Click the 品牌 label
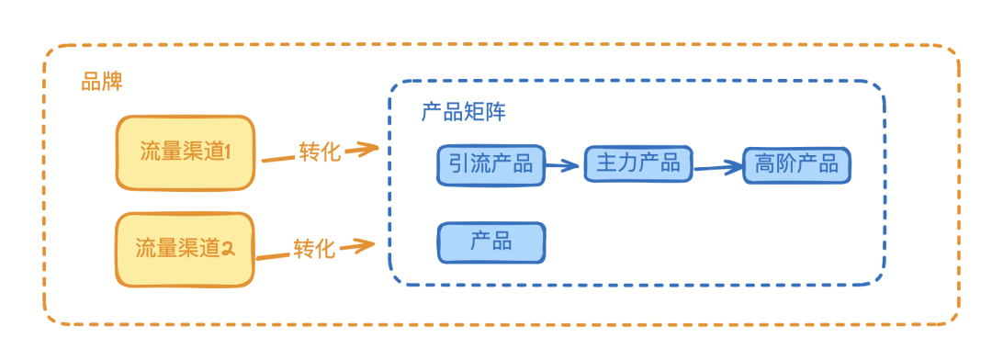coord(102,82)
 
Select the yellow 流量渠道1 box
coord(185,152)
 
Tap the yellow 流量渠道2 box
coord(185,248)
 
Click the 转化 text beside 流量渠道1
coord(320,152)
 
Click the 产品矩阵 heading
coord(463,112)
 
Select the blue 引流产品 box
coord(491,165)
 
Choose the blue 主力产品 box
coord(638,163)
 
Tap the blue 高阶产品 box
coord(796,165)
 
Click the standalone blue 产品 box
coord(491,242)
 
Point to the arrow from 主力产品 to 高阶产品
coord(717,167)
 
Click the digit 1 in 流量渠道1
coord(231,152)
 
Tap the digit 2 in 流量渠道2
coord(229,248)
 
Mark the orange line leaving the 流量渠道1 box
coord(277,158)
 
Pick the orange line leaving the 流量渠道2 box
coord(273,254)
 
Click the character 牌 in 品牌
coord(112,82)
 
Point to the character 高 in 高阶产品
coord(764,165)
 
